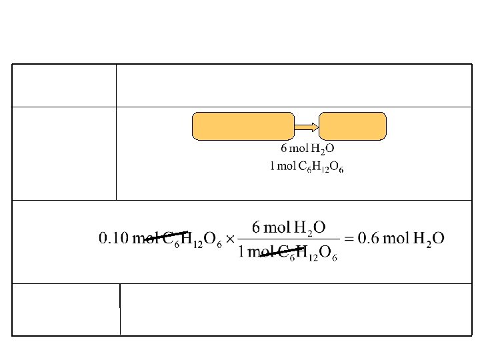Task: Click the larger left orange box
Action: tap(243, 126)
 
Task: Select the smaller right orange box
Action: tap(353, 126)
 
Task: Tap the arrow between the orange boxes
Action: tap(307, 126)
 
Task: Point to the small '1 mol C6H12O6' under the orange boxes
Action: tap(307, 167)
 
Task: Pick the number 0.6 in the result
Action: tap(369, 238)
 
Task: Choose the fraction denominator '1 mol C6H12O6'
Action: tap(288, 253)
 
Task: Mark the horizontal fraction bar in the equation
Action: tap(288, 239)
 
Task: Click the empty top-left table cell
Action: tap(64, 85)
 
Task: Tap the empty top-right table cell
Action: tap(294, 85)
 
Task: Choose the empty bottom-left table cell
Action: tap(66, 309)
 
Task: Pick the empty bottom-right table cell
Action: tap(296, 309)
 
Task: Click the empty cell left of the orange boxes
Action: tap(64, 153)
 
